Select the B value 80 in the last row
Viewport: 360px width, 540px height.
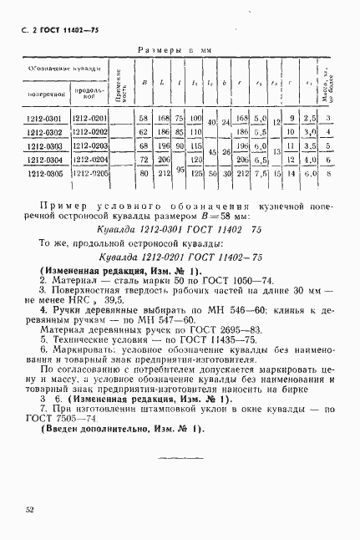pos(143,174)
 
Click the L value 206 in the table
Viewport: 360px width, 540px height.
pos(164,159)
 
